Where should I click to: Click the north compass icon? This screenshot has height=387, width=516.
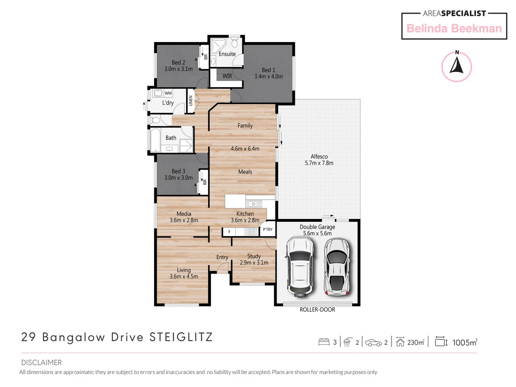[456, 67]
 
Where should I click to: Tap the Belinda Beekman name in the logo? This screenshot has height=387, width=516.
[454, 29]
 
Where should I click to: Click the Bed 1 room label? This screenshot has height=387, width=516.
[268, 70]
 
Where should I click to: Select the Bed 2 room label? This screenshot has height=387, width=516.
[178, 63]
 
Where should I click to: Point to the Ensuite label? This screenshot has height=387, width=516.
[227, 54]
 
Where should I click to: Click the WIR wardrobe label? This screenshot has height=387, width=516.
[227, 76]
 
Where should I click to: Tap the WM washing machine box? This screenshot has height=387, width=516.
[168, 93]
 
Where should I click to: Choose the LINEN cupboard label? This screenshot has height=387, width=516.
[191, 101]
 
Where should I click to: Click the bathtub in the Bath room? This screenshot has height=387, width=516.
[156, 140]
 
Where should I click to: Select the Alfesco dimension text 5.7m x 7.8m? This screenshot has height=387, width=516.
[319, 163]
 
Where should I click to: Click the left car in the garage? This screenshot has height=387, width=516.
[300, 267]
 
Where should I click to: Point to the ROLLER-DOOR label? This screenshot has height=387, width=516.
[317, 310]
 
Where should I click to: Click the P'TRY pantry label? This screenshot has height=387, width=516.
[268, 230]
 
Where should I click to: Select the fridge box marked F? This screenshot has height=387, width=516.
[229, 232]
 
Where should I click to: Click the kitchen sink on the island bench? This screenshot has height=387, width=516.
[254, 204]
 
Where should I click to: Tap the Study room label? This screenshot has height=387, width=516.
[254, 256]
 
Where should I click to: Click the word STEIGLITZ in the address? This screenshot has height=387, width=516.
[181, 337]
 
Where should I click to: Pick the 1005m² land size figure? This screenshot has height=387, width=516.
[464, 343]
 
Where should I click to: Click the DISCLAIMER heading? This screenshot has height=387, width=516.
[41, 363]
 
